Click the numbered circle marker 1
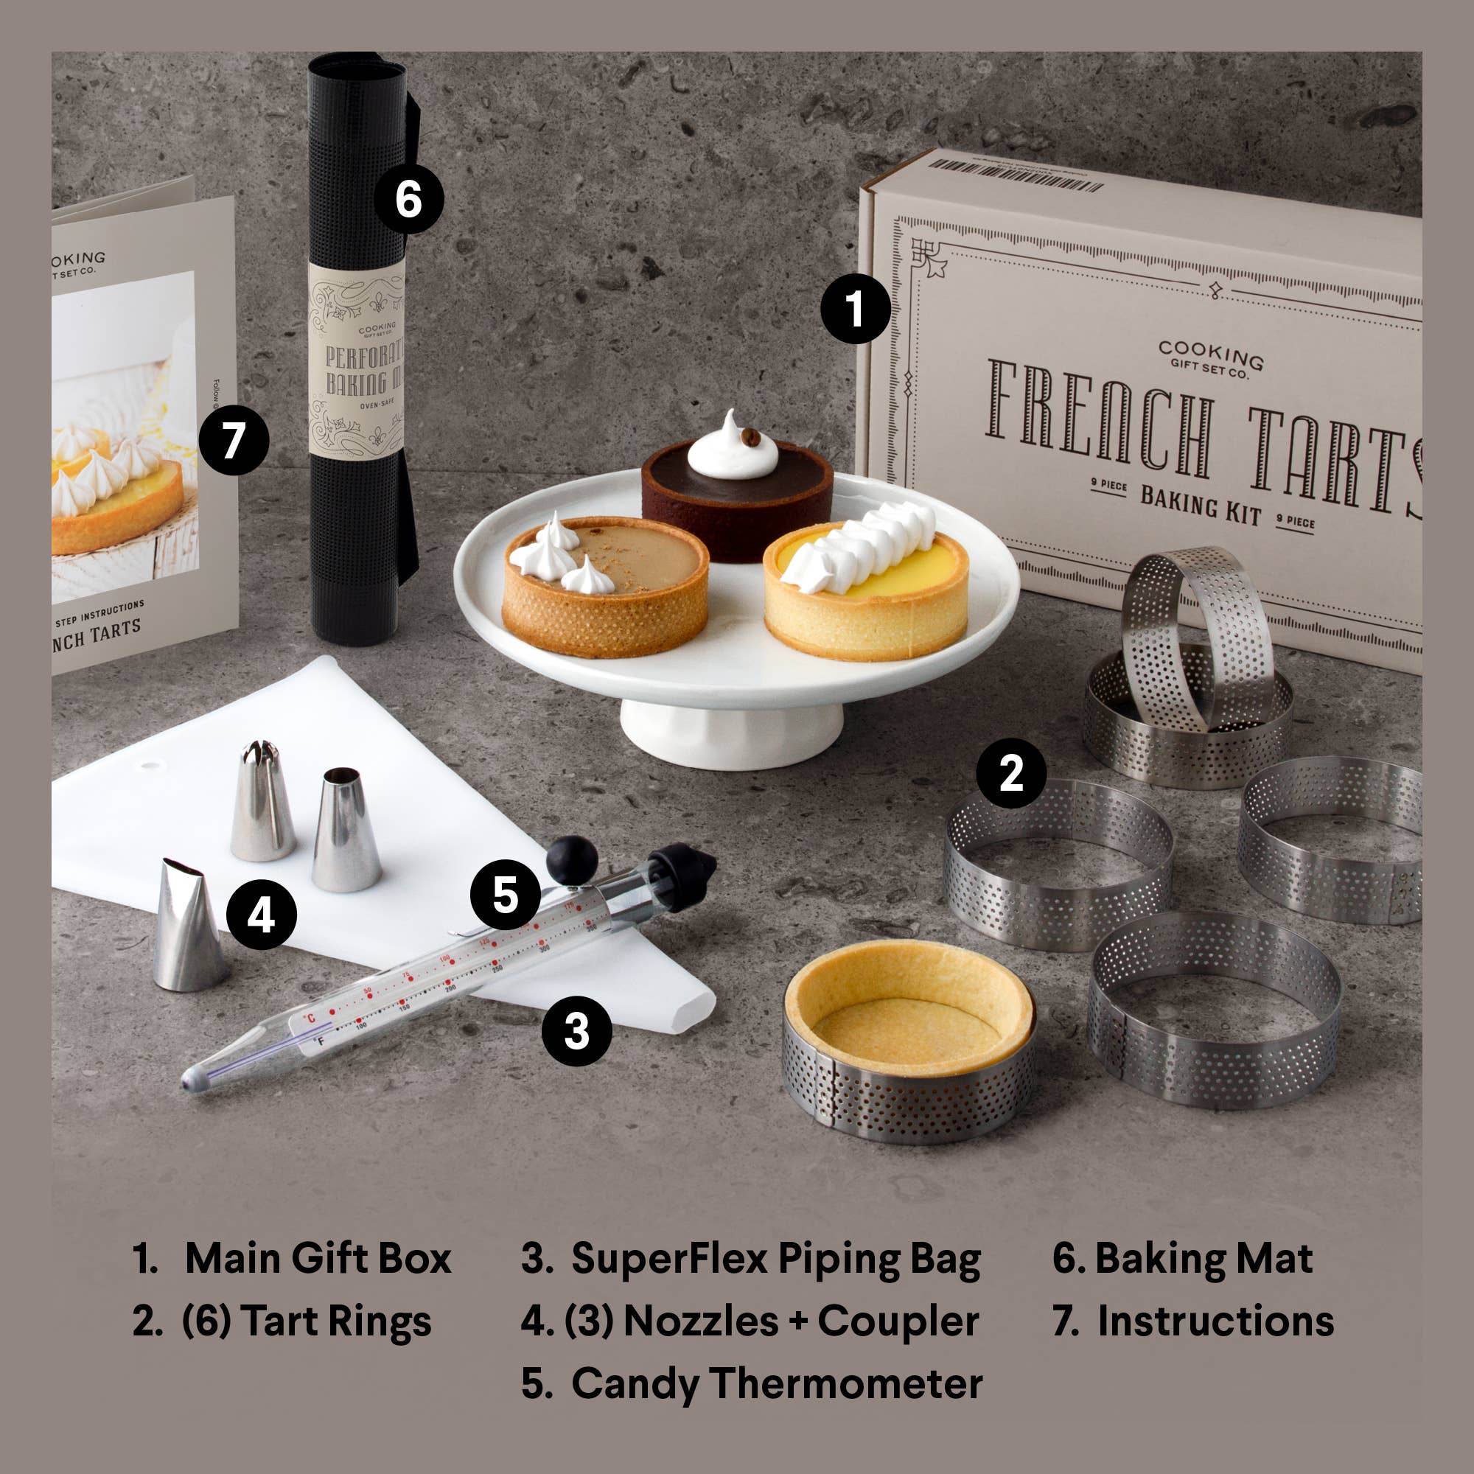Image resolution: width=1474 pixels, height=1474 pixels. pos(855,308)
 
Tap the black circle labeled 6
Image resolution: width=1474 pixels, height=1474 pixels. pos(408,199)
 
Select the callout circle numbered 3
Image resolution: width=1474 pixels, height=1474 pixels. pos(576,1031)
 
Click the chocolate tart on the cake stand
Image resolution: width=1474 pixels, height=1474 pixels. pos(736,496)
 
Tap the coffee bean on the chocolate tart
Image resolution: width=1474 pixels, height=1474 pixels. pos(751,437)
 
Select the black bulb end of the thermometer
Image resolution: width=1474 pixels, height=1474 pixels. pos(572,860)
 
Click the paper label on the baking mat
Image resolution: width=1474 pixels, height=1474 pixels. pos(356,359)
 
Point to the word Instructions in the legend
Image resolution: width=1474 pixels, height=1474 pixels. pos(1215,1321)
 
